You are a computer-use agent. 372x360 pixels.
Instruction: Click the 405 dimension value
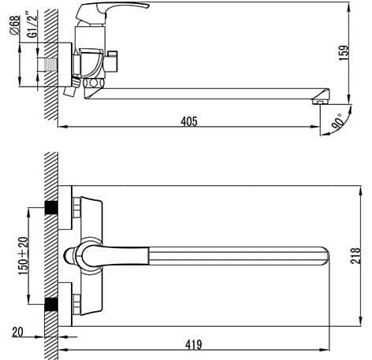click(x=189, y=121)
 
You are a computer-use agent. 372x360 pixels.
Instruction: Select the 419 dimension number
click(x=194, y=344)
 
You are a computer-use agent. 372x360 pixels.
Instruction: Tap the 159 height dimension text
click(x=344, y=54)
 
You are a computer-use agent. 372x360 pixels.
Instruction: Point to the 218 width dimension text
click(x=356, y=255)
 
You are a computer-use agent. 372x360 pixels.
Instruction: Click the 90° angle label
click(x=337, y=121)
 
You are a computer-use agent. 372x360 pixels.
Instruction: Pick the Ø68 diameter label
click(x=15, y=24)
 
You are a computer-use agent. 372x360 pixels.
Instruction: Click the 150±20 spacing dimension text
click(x=24, y=256)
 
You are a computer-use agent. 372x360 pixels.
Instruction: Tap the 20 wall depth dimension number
click(x=17, y=332)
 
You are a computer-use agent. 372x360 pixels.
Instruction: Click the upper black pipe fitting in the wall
click(x=51, y=208)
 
